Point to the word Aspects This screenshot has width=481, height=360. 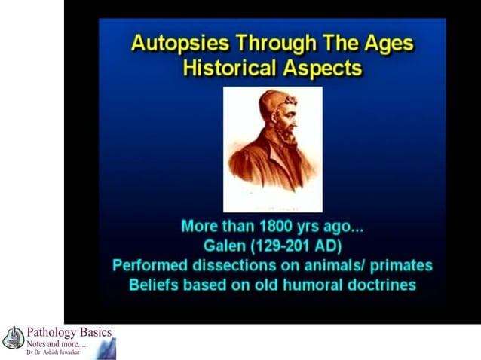click(320, 68)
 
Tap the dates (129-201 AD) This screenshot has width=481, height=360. click(295, 246)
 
